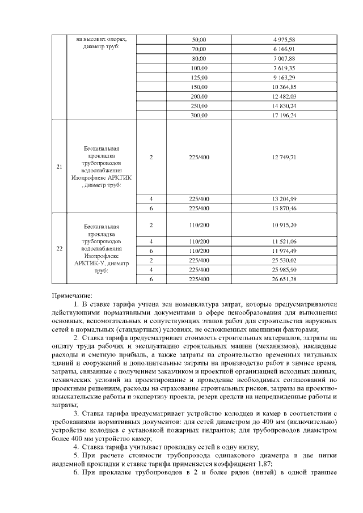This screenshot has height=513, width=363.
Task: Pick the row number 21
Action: coord(60,167)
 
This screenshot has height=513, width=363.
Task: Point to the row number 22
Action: coord(60,248)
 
